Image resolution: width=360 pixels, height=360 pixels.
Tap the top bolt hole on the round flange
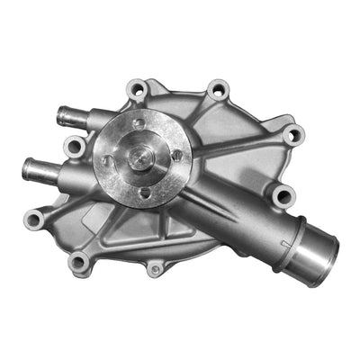tap(139, 124)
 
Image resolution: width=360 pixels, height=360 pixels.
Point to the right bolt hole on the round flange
tap(177, 154)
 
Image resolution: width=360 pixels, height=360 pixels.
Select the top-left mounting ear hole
tap(138, 88)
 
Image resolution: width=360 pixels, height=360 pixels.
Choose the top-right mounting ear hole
tap(217, 90)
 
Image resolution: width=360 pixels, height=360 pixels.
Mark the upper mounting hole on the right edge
tap(292, 135)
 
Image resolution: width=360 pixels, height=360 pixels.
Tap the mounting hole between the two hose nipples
tap(74, 145)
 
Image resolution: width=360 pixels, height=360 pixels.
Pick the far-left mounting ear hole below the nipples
tap(35, 219)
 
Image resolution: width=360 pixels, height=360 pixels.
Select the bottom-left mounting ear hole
tap(79, 262)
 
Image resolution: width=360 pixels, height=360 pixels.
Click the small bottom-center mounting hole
tap(156, 268)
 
